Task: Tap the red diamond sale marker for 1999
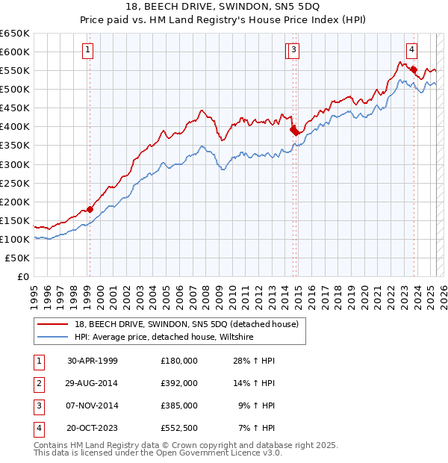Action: click(x=90, y=209)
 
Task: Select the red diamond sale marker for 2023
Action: click(x=414, y=70)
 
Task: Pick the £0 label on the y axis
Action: click(x=25, y=276)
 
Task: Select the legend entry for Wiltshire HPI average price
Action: click(x=164, y=338)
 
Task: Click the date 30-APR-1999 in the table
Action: click(x=93, y=361)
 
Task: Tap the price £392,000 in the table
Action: click(x=179, y=383)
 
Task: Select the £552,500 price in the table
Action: click(x=179, y=428)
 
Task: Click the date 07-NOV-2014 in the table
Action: click(x=93, y=405)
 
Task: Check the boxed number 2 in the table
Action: click(x=38, y=383)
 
